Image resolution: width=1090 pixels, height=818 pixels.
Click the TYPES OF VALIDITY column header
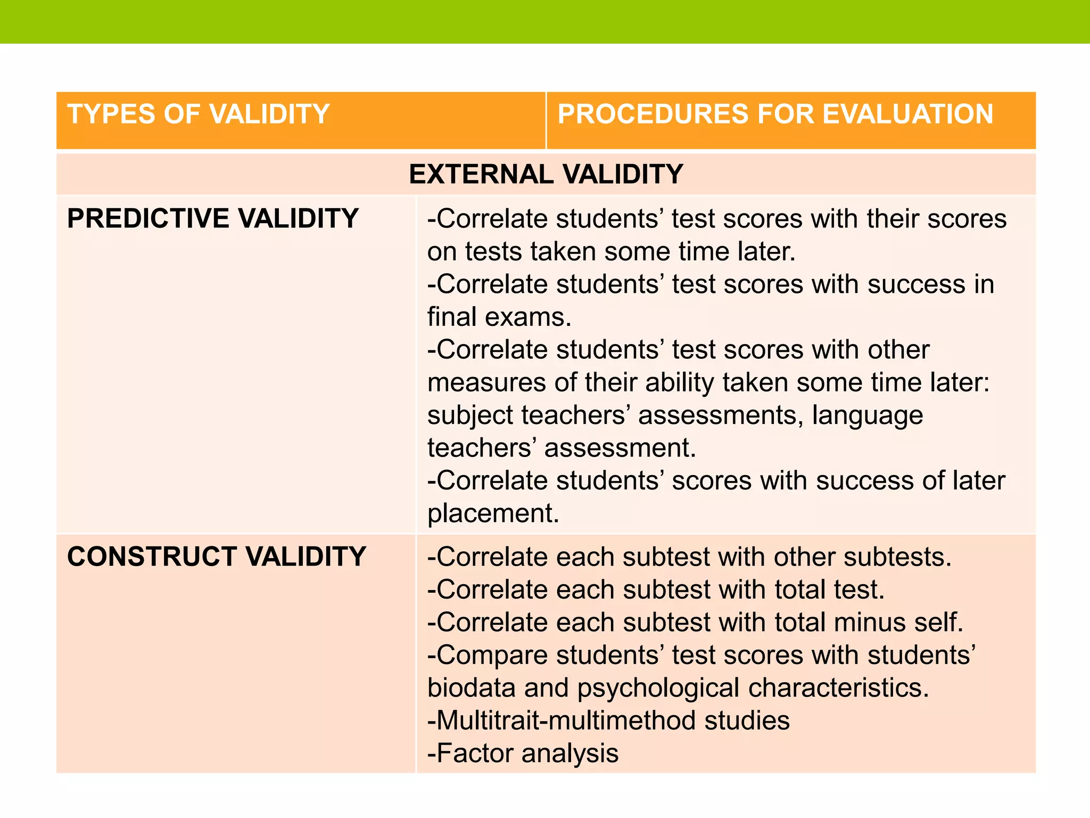tap(198, 114)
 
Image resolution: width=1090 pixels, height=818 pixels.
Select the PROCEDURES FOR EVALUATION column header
tap(775, 114)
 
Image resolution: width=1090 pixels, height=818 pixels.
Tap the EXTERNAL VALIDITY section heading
tap(546, 174)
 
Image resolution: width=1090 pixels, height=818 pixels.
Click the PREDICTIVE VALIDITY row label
tap(213, 219)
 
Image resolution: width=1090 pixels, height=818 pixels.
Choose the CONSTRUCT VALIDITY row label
tap(217, 557)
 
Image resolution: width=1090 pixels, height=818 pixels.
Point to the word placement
tap(493, 514)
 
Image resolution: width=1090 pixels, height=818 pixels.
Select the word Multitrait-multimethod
tap(565, 721)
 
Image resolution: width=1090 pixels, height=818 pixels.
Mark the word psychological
tap(658, 688)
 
